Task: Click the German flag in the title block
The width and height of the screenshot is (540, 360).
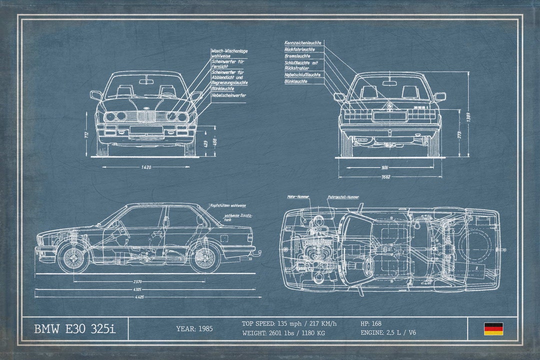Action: coord(493,328)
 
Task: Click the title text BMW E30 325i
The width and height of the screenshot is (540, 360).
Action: coord(74,328)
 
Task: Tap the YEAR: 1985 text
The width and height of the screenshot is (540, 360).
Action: coord(194,328)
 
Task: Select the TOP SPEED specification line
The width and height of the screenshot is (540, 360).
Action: coord(289,323)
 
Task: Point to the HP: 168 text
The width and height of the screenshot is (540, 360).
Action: coord(370,323)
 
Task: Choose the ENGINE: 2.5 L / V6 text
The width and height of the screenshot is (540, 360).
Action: coord(388,332)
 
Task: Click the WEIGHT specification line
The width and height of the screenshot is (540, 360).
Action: coord(283,332)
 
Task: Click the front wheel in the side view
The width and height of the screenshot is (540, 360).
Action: coord(73,257)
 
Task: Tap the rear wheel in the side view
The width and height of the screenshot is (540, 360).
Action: coord(205,257)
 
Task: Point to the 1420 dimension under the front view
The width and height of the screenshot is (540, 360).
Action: coord(146,167)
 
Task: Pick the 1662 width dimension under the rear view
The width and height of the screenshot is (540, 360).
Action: coord(385,176)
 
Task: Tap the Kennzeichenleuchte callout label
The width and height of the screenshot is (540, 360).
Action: coord(302,43)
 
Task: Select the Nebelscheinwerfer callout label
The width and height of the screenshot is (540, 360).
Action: coord(228,95)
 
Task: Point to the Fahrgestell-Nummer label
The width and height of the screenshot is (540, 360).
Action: coord(343,197)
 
